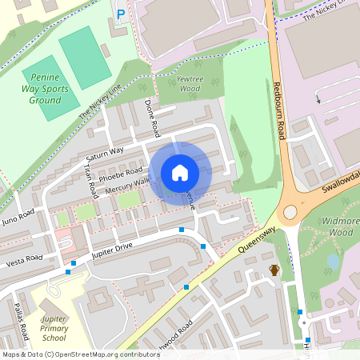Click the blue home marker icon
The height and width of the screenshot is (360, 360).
(180, 172)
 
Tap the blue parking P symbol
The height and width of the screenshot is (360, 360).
(121, 14)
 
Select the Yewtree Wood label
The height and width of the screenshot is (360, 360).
(189, 85)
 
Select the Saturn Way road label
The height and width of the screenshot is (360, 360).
(105, 153)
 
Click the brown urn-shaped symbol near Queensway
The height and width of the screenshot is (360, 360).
(274, 270)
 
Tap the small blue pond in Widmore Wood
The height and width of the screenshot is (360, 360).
(332, 262)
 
